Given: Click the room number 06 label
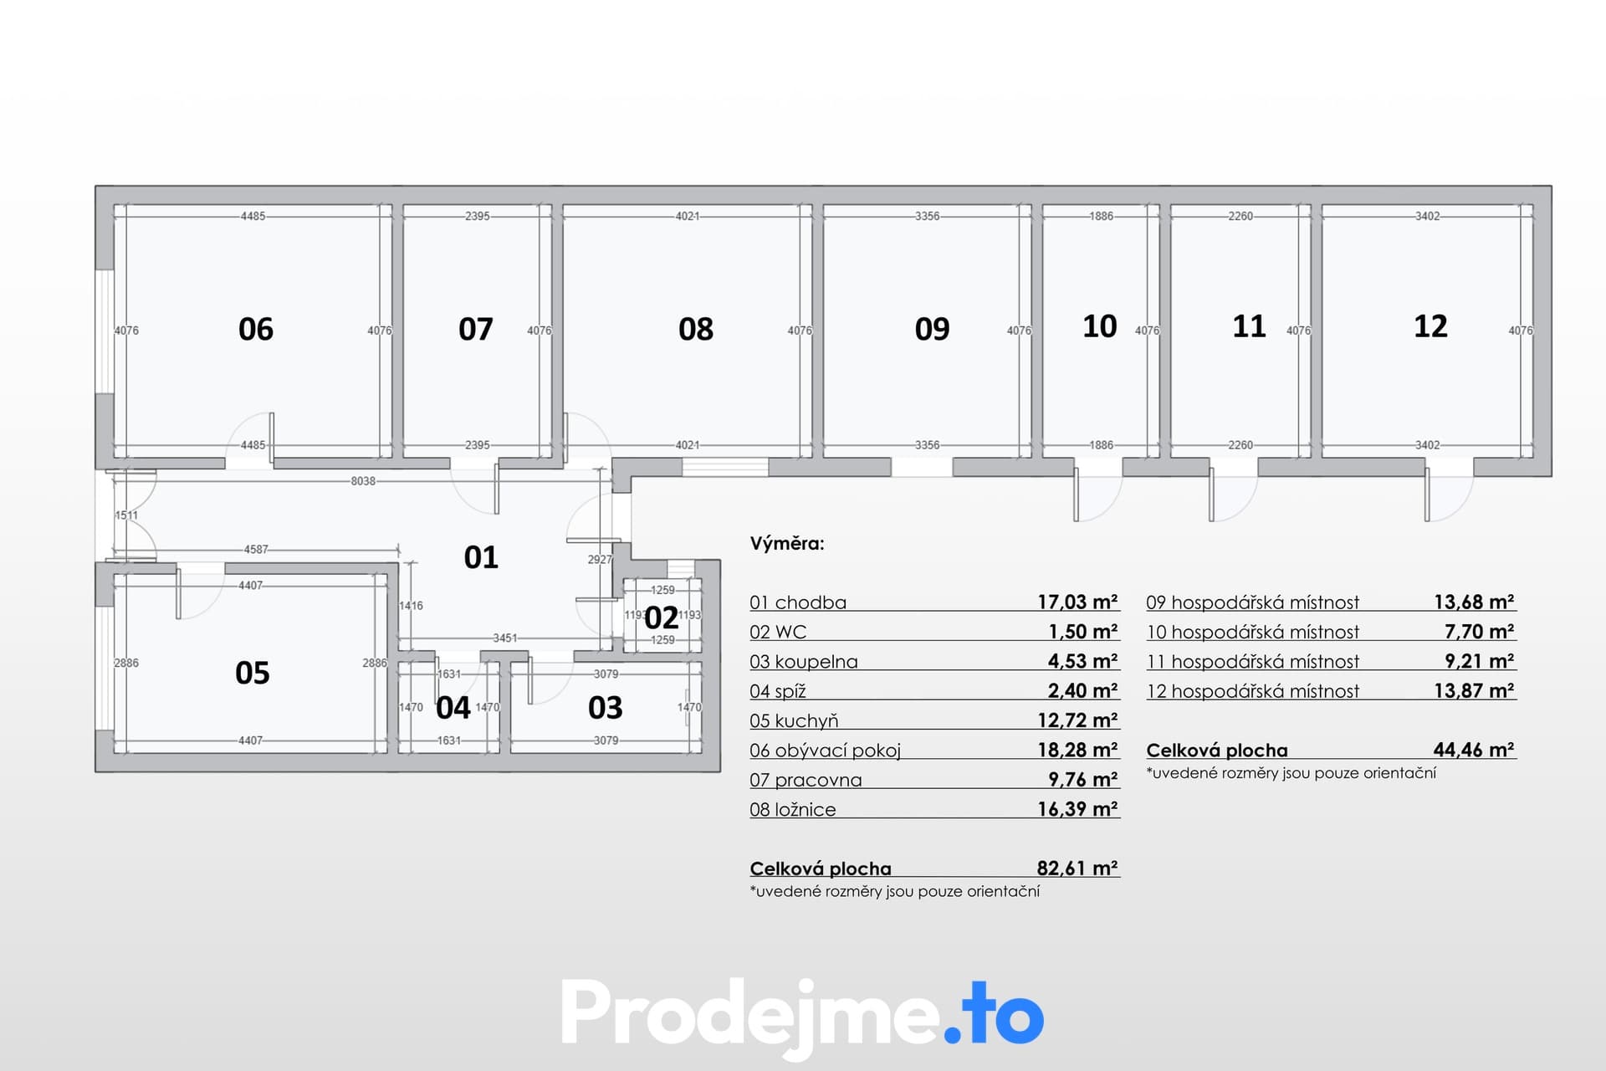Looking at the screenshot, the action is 256,329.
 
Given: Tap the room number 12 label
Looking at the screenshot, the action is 1430,326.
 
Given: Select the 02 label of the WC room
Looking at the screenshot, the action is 662,617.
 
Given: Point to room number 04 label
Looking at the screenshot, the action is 453,708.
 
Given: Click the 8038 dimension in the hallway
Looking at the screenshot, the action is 363,481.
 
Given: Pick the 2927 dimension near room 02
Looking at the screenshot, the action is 600,559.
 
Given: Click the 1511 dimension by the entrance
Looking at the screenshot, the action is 126,515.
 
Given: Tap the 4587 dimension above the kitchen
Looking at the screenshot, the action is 256,550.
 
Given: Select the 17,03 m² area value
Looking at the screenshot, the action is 1077,602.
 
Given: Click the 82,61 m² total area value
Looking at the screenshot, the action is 1077,869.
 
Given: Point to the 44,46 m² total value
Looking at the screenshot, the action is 1474,750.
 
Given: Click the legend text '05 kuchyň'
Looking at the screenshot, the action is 794,721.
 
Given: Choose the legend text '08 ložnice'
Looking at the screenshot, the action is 793,810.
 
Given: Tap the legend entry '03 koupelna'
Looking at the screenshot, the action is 804,662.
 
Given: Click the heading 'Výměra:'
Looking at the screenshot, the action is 787,544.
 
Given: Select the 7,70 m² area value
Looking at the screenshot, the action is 1479,632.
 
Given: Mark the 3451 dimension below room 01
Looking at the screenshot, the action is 505,638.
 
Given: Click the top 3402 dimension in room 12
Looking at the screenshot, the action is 1428,216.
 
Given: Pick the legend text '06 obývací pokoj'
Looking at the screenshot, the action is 826,751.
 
